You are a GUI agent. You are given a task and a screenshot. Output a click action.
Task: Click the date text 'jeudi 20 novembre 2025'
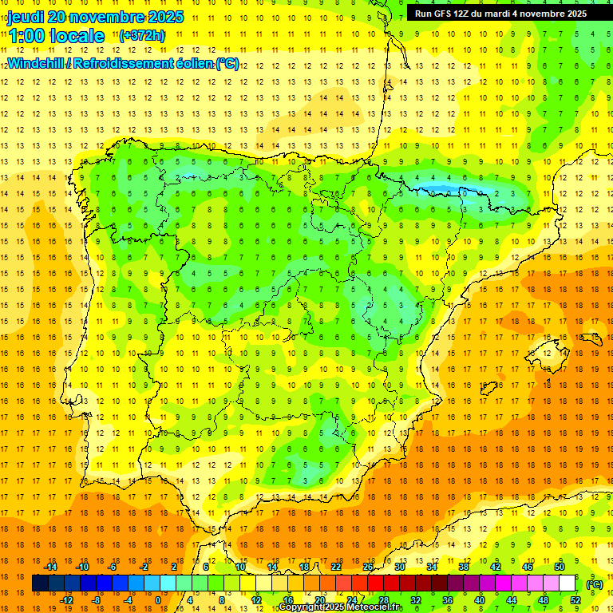click(x=95, y=17)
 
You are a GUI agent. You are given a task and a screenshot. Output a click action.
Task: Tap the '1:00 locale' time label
click(x=56, y=36)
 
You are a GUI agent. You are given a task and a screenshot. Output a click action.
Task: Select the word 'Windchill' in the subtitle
click(x=34, y=63)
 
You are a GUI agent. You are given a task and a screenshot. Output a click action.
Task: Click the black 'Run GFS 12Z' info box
click(x=500, y=13)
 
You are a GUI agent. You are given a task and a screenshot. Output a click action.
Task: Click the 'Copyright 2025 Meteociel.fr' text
click(x=341, y=607)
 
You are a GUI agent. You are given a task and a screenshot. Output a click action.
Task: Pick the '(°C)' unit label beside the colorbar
click(x=594, y=584)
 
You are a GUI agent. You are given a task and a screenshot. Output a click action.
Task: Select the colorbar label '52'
click(x=575, y=600)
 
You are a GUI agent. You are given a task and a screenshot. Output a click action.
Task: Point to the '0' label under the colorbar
click(x=157, y=600)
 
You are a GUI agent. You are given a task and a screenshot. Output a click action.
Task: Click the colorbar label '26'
click(x=368, y=567)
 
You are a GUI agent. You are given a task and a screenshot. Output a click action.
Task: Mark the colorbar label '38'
click(x=464, y=567)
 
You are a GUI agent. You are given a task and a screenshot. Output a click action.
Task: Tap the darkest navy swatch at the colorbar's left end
click(x=40, y=583)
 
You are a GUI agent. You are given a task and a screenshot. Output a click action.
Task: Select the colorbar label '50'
click(x=560, y=567)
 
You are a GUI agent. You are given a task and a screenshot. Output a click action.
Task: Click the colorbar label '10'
click(x=240, y=567)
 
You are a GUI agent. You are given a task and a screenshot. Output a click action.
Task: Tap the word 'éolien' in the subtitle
click(x=188, y=63)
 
